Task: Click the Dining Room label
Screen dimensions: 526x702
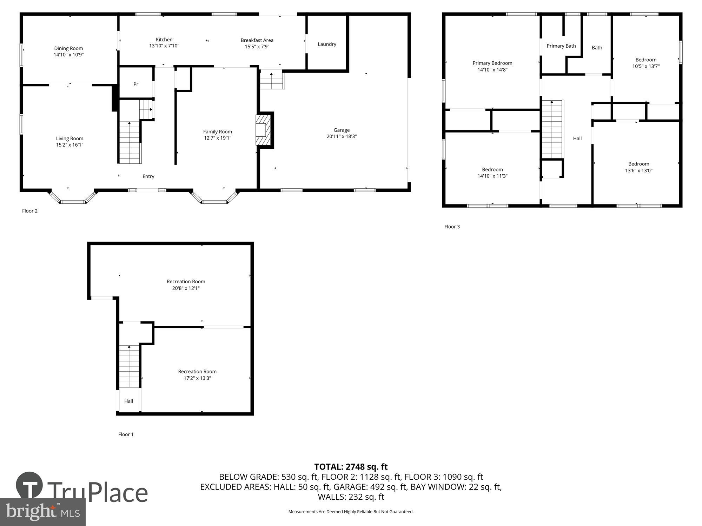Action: (68, 48)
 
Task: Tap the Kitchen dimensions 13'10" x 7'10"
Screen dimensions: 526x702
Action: (164, 46)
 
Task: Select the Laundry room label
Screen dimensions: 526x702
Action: (327, 44)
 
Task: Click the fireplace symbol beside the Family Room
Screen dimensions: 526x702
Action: (264, 130)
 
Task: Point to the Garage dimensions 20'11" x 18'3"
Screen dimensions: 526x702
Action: (341, 136)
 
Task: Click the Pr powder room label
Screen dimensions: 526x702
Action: (136, 85)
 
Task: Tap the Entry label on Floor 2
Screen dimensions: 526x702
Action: (148, 176)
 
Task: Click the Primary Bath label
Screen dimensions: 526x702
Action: (561, 46)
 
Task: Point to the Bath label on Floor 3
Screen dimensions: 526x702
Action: (597, 48)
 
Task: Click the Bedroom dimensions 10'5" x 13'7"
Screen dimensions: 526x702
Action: (645, 66)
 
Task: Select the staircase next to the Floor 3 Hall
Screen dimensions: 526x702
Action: (552, 129)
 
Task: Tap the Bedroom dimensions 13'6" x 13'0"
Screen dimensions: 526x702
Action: (638, 171)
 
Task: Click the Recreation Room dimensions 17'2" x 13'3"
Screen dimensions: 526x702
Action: (197, 378)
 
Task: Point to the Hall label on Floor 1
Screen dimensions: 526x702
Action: (128, 401)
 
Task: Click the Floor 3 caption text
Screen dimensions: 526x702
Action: (452, 227)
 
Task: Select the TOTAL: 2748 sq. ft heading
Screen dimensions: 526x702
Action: (351, 467)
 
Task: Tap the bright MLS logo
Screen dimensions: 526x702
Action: (43, 512)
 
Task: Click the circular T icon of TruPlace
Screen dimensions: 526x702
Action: (29, 486)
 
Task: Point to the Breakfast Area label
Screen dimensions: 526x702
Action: (257, 40)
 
